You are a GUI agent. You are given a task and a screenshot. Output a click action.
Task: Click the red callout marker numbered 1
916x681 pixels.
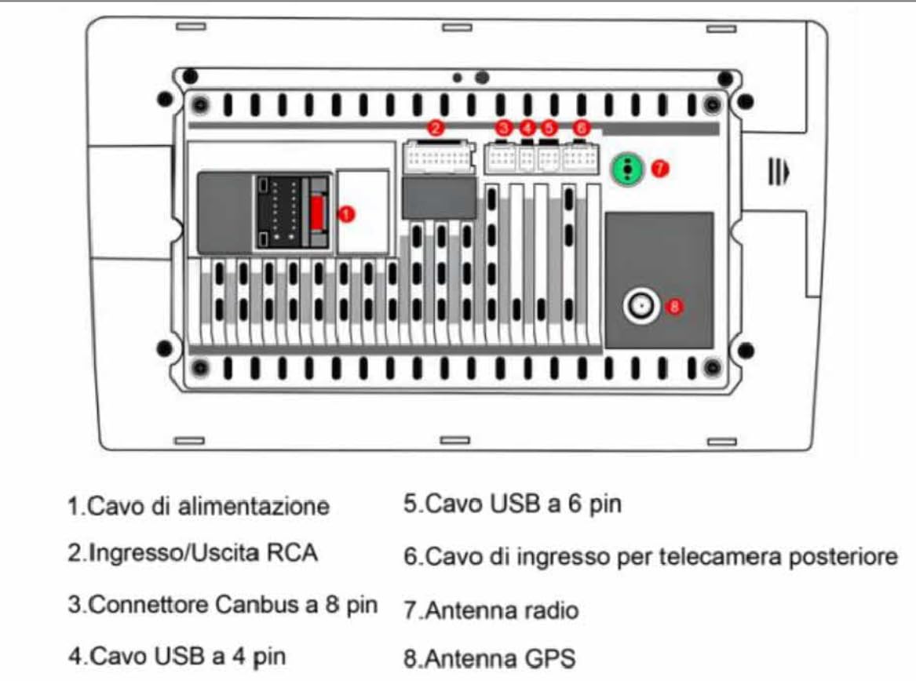click(346, 214)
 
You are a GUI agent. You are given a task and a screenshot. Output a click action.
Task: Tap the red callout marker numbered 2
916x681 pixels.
click(436, 127)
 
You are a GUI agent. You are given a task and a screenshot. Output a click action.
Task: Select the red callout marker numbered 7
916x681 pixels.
click(660, 168)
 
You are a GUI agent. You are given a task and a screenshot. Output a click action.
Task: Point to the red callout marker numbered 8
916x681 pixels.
click(674, 306)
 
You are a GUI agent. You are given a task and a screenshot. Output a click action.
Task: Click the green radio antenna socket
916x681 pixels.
click(627, 169)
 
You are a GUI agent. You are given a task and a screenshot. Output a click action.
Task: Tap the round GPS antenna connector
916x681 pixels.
click(640, 306)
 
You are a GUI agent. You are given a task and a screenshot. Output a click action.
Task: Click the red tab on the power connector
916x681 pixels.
click(318, 213)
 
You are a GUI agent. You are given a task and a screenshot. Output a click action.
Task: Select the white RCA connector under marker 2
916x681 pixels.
click(438, 157)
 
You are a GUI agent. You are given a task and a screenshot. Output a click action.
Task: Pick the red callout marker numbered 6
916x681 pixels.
click(581, 127)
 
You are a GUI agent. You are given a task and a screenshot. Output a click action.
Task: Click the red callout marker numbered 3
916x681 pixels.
click(504, 127)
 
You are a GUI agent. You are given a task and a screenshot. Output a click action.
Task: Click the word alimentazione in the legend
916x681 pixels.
click(254, 506)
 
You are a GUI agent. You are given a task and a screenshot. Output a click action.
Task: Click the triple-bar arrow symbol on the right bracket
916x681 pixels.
click(779, 172)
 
